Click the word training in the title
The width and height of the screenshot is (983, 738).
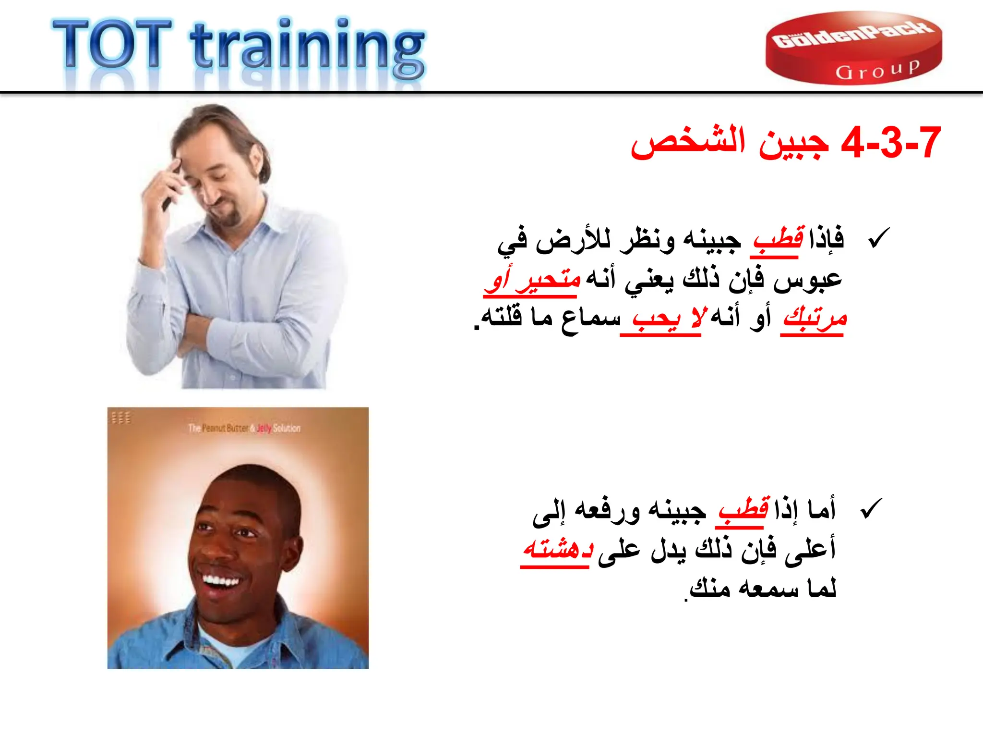point(307,48)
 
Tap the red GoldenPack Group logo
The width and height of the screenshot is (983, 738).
point(853,48)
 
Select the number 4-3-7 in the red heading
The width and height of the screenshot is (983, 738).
point(891,143)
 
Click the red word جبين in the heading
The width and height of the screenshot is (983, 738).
point(794,143)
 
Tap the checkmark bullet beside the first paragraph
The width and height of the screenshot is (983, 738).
point(879,238)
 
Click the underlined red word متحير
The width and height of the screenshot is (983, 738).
point(548,279)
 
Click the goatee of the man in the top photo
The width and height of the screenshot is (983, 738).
point(231,216)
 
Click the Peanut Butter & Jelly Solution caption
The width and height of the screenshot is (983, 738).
point(244,428)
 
